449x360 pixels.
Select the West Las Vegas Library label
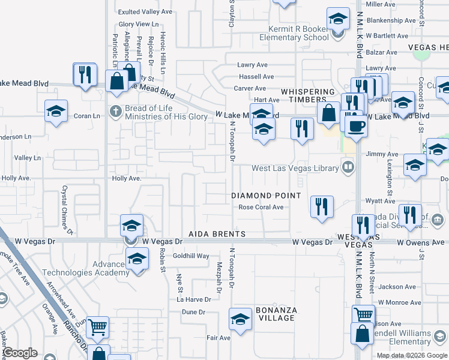coord(295,169)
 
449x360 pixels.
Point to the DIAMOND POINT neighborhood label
coord(266,196)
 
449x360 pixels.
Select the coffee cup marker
coord(357,126)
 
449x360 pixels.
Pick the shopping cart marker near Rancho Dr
coord(97,327)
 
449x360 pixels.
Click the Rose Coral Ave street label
coord(261,208)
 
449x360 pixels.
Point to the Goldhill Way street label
coord(191,256)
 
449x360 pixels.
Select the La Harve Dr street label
coord(194,299)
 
